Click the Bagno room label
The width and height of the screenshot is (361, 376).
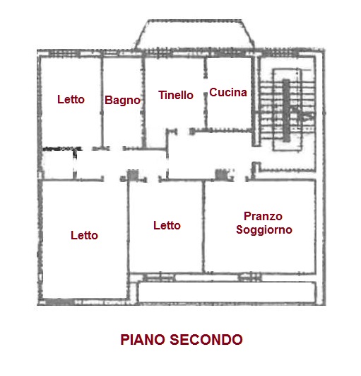[122, 101]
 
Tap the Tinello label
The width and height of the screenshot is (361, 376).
[176, 95]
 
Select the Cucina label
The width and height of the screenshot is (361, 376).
[228, 92]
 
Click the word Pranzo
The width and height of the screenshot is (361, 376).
[263, 216]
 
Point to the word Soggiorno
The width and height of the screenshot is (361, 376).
[264, 230]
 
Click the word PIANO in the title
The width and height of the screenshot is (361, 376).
[143, 340]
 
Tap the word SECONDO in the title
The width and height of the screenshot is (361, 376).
[206, 340]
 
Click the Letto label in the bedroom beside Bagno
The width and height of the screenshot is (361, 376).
[71, 99]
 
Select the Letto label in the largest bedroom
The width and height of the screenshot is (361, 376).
[84, 235]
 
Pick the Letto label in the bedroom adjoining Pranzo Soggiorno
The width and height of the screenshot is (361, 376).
[167, 225]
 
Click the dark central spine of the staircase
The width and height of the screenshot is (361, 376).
[286, 110]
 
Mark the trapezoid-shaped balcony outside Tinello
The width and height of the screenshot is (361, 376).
[195, 34]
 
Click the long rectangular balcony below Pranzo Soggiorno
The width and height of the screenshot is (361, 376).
[227, 292]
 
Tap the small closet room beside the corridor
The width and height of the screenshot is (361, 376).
[58, 164]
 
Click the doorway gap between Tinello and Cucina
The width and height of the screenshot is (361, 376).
[206, 86]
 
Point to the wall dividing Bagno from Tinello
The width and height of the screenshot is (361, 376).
[143, 103]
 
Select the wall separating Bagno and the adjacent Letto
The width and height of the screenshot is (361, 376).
[102, 103]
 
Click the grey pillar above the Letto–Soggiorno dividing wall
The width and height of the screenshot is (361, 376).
[221, 174]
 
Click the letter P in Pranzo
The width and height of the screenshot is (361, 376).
[247, 216]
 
